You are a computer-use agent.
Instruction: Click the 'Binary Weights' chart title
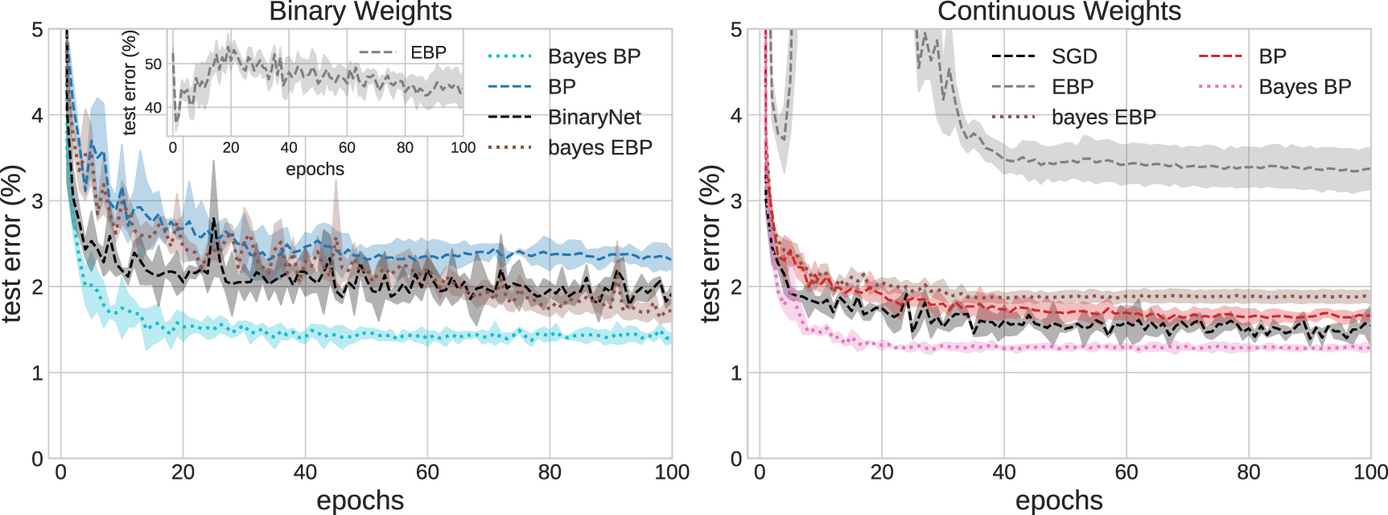360,11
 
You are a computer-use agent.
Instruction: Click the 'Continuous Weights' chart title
1059,11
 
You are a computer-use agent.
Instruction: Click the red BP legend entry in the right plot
1272,56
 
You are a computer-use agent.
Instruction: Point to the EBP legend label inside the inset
428,52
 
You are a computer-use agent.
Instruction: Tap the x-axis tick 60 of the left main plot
427,472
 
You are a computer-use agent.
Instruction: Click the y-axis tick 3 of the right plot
735,201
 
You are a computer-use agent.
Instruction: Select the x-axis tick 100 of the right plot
1369,472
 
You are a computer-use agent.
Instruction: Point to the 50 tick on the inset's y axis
153,64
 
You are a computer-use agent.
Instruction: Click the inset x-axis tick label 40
289,148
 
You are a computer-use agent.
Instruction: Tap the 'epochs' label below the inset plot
315,169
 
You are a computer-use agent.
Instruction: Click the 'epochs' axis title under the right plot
1059,501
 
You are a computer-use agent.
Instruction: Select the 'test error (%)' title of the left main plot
11,244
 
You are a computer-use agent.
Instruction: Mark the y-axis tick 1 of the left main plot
37,373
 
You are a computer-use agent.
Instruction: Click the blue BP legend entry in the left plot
562,87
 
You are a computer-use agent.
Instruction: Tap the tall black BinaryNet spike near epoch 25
213,219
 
